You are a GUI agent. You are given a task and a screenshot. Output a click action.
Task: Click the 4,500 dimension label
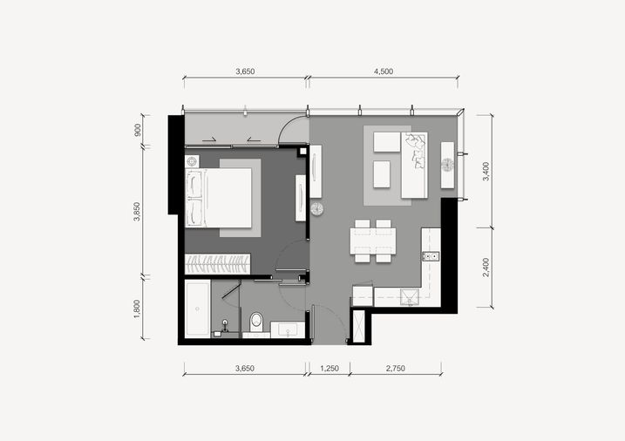click(x=384, y=71)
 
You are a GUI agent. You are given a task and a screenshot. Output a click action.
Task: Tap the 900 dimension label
click(x=138, y=130)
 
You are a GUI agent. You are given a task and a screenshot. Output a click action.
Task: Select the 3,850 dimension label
click(x=137, y=212)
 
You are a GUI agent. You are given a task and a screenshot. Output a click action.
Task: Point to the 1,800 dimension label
click(x=137, y=309)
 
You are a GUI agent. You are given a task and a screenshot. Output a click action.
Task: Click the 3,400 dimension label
click(x=486, y=172)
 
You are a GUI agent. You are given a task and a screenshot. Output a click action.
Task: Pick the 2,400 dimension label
click(x=486, y=268)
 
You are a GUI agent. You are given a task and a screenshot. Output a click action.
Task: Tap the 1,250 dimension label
click(x=329, y=369)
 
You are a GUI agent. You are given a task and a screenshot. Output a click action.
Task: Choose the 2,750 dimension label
click(x=396, y=369)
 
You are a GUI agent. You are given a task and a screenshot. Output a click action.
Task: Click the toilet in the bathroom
click(x=256, y=322)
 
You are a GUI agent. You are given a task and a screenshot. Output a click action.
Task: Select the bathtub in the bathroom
click(x=198, y=309)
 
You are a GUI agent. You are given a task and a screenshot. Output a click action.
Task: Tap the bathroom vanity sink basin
click(x=288, y=329)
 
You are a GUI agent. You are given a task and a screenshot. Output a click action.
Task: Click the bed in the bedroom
click(x=219, y=198)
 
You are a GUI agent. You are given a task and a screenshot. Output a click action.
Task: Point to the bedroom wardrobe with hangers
click(x=218, y=264)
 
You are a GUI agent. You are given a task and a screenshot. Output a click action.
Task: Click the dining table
click(x=373, y=241)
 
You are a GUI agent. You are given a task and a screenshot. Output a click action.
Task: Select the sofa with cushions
click(x=414, y=165)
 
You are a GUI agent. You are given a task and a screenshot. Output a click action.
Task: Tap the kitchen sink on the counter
click(x=410, y=297)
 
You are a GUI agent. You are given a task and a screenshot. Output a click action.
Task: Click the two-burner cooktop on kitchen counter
click(x=431, y=256)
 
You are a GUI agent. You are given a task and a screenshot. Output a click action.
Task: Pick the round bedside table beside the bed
click(x=192, y=162)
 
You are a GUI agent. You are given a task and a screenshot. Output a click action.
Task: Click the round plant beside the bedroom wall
click(x=317, y=209)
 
